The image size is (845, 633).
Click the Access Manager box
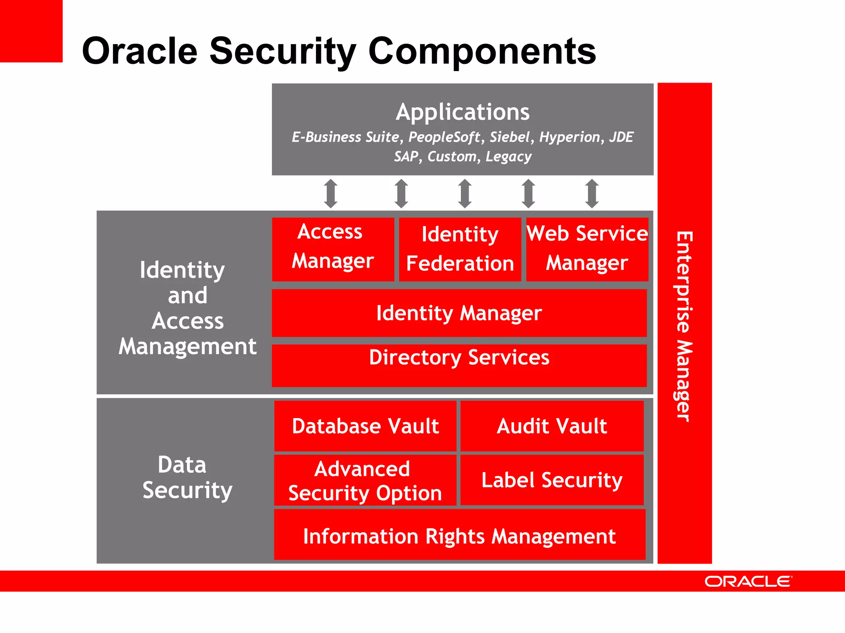333,249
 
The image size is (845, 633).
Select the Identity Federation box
460,249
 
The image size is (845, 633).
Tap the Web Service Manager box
587,249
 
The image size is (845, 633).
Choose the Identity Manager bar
459,313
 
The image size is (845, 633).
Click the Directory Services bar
459,365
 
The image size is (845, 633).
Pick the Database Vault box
365,426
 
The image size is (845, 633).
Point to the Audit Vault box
552,426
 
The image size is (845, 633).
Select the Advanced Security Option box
365,480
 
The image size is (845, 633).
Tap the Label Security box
552,480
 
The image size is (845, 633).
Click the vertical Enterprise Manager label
684,326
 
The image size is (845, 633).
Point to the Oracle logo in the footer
748,581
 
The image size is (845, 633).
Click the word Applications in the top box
463,112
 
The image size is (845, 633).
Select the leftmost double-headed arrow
331,193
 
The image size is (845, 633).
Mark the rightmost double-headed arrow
592,193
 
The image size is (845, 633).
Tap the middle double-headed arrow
465,193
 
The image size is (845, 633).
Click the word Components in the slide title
482,51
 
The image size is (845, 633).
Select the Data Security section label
187,477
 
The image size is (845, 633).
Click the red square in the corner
31,31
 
